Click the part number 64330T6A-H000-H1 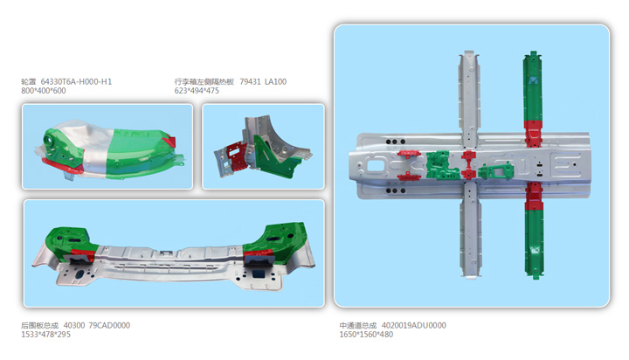point(76,81)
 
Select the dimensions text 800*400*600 point(44,91)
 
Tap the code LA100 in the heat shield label point(275,81)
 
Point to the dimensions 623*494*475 point(197,91)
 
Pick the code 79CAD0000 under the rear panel point(109,325)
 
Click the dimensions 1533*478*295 point(45,335)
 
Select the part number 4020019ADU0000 point(415,325)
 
